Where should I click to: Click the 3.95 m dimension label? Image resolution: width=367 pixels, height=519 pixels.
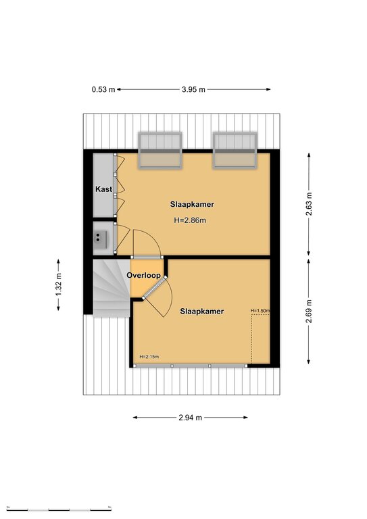pos(193,89)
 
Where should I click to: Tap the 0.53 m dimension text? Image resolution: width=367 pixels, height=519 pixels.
pos(103,89)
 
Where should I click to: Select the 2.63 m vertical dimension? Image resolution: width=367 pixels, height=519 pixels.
pos(308,204)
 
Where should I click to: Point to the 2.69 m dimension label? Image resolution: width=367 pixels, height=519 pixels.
pos(308,311)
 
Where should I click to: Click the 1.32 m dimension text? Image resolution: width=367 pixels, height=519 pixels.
pos(59,285)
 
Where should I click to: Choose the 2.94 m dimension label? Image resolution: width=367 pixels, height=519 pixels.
pos(191,418)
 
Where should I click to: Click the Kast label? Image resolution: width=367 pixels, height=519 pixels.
pos(103,189)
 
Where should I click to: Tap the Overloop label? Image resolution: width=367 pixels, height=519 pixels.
pos(143,275)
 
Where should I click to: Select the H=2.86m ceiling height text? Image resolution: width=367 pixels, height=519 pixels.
pos(190,220)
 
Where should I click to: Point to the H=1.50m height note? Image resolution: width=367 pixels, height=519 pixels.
pos(260,310)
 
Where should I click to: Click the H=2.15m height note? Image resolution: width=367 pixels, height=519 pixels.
pos(149,357)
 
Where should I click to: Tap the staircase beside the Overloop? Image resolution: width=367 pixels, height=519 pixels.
pos(112,288)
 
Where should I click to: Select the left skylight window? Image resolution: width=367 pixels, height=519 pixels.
pos(160,151)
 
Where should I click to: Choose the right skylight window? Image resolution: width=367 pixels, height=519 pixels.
pos(235,151)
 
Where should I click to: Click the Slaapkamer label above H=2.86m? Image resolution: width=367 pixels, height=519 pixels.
pos(192,204)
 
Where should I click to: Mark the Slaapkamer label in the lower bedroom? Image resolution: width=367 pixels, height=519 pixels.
pos(202,311)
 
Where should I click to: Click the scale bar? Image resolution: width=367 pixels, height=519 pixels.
pos(59,509)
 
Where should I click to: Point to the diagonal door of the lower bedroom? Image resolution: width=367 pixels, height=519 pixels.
pos(154,288)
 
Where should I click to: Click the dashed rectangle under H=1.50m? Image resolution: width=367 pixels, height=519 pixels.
pos(260,339)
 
